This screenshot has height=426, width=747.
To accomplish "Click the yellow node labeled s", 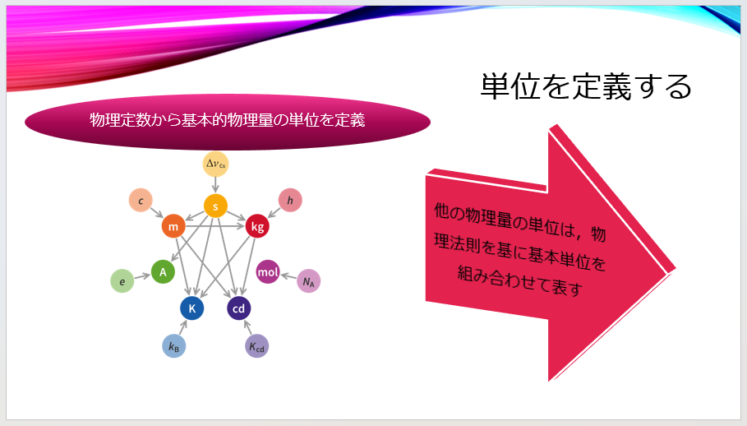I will tap(215, 206).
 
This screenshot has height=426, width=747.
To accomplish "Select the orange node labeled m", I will tap(173, 226).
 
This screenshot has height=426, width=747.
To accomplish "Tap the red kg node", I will tap(257, 226).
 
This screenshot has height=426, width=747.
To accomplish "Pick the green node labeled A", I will tap(163, 271).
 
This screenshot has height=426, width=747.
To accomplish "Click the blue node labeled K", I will tap(191, 308).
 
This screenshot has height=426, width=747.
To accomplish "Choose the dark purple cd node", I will tap(239, 308).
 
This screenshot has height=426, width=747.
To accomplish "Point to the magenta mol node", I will tap(268, 271).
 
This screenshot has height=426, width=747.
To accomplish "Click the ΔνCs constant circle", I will tap(215, 164).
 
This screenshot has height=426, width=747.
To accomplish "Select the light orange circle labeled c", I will tap(141, 200).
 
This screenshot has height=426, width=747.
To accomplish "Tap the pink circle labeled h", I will tap(290, 200).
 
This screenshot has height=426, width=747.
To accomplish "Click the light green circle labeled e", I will tap(122, 281).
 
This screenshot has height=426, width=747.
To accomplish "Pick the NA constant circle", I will tap(309, 281).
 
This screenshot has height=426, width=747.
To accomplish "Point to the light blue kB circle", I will tap(173, 346).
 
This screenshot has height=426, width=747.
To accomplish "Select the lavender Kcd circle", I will tap(257, 346).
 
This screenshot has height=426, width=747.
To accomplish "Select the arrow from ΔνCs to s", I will tap(215, 185).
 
